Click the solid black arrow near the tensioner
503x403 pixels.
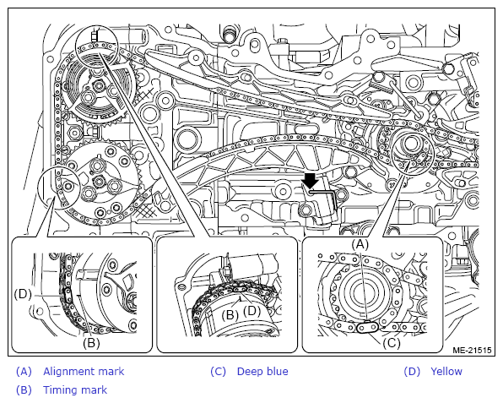[x=311, y=181]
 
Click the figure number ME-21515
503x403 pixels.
[x=472, y=350]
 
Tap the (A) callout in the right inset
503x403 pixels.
[x=360, y=245]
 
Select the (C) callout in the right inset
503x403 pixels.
[x=392, y=343]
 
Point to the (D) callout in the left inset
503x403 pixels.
[x=23, y=294]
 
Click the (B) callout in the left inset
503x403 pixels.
[x=91, y=343]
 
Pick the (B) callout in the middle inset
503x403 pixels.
[x=230, y=315]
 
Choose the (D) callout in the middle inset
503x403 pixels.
[x=252, y=311]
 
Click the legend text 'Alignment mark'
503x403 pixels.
[x=84, y=372]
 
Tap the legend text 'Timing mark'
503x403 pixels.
[x=75, y=389]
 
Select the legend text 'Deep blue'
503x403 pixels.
[x=262, y=372]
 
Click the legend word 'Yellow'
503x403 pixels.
[x=446, y=372]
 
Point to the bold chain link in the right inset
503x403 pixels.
[x=367, y=328]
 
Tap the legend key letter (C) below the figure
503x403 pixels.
[x=218, y=372]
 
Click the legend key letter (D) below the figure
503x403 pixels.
[x=412, y=372]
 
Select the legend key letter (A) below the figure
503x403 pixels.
[x=24, y=372]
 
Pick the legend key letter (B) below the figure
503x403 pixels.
[x=24, y=389]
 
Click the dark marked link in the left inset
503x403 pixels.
[x=68, y=295]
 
